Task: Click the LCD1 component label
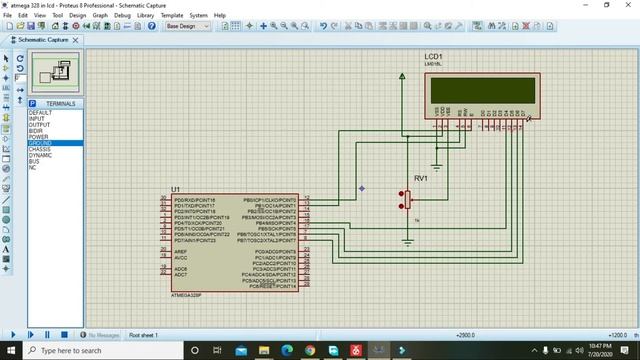(x=432, y=56)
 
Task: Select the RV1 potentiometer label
(x=420, y=178)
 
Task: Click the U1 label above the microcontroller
(x=176, y=189)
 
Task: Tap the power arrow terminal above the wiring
(x=402, y=76)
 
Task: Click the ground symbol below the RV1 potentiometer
(x=408, y=241)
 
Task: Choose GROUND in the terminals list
(x=41, y=143)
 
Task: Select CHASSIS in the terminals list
(x=41, y=149)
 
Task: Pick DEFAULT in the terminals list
(x=41, y=112)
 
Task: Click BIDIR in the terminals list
(x=36, y=131)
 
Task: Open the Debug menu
(x=122, y=16)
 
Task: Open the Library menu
(x=146, y=16)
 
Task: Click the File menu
(x=8, y=16)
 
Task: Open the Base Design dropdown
(x=187, y=27)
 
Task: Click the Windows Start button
(x=11, y=351)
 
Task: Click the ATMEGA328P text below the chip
(x=186, y=296)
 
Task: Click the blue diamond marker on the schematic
(x=362, y=188)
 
